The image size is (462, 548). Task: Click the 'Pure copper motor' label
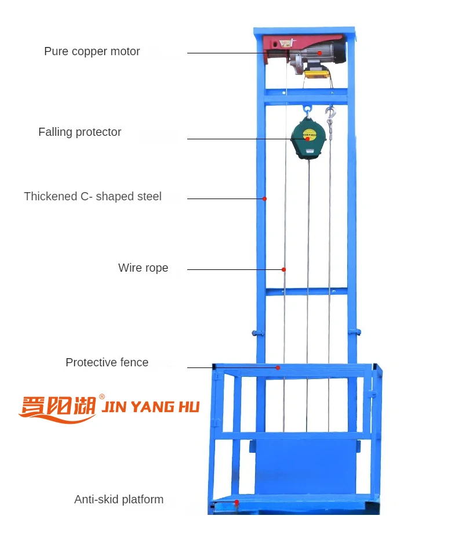click(x=92, y=52)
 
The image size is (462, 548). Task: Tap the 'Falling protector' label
click(x=79, y=132)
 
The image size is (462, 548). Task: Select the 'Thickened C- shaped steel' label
click(x=93, y=197)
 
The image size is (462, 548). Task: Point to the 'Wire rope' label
click(x=143, y=268)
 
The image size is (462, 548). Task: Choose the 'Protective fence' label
click(x=107, y=363)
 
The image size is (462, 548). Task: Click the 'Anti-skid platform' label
click(x=119, y=500)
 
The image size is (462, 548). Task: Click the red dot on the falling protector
click(x=307, y=139)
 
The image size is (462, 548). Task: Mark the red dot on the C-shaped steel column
click(x=264, y=199)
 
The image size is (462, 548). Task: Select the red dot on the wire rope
click(x=283, y=269)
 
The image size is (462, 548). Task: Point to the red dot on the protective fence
click(x=278, y=367)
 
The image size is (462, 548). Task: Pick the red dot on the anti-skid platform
click(x=237, y=502)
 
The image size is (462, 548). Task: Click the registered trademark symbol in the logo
click(x=102, y=397)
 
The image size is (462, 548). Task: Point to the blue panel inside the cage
click(x=304, y=464)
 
